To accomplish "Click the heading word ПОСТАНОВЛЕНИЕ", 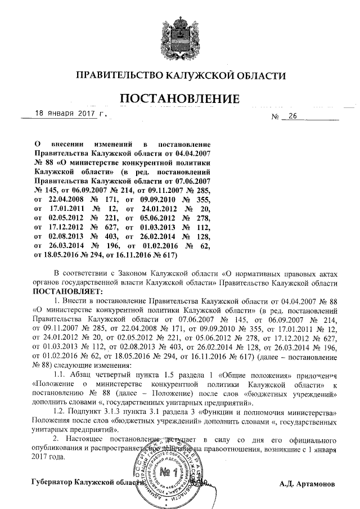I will (x=181, y=99).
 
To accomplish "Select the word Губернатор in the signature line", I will (x=51, y=483).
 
